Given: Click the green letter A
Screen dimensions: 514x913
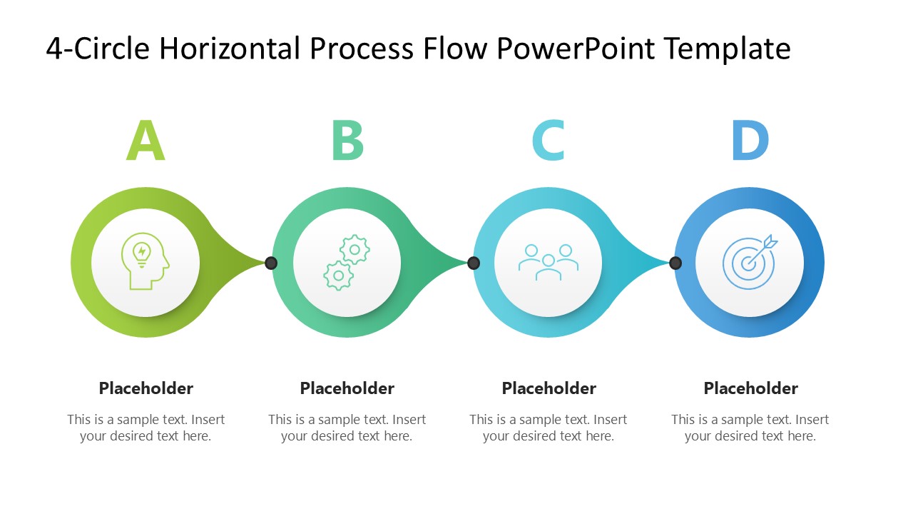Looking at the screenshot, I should coord(146,141).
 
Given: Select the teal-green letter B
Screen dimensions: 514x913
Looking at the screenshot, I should coord(347,141).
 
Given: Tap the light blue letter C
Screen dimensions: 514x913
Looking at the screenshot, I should coord(549,141).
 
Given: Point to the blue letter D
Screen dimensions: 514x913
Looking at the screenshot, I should coord(750,141).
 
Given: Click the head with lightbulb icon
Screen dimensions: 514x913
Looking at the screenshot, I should coord(146,263).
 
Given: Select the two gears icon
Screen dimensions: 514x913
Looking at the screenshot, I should coord(347,263).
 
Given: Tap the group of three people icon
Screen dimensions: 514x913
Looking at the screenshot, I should coord(548,262).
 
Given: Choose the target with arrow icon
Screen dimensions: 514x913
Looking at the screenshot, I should coord(749,262).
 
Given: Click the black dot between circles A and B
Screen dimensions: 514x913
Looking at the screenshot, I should coord(271,263).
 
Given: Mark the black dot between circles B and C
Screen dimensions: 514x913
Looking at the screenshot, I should coord(474,263).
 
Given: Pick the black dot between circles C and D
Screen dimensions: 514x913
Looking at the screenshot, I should coord(675,263).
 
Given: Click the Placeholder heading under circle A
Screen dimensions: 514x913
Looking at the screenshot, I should coord(146,388).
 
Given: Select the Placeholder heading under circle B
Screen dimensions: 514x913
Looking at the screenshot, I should coord(347,388).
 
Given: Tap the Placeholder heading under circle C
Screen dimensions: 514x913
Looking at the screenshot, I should coord(549,388).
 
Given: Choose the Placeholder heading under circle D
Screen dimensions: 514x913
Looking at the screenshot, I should coord(750,388).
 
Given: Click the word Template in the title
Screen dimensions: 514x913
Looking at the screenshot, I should coord(727,49).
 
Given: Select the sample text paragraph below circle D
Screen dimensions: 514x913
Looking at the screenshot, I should coord(750,428).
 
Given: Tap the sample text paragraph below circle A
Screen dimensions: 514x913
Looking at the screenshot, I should coord(146,428).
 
